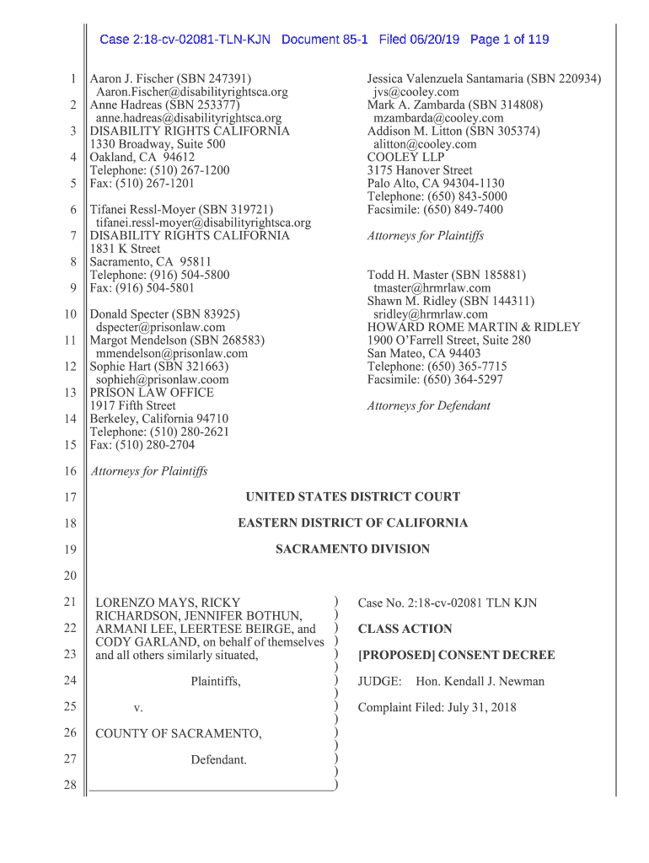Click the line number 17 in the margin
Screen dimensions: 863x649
70,497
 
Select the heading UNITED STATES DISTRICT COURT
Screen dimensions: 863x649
352,497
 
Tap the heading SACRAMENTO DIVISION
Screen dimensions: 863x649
352,549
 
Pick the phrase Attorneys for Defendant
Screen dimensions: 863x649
428,406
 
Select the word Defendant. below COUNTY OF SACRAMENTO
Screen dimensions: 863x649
218,760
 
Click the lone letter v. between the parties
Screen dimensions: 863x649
138,708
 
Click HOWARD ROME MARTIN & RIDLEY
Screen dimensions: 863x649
474,327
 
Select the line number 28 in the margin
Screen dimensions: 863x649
70,786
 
